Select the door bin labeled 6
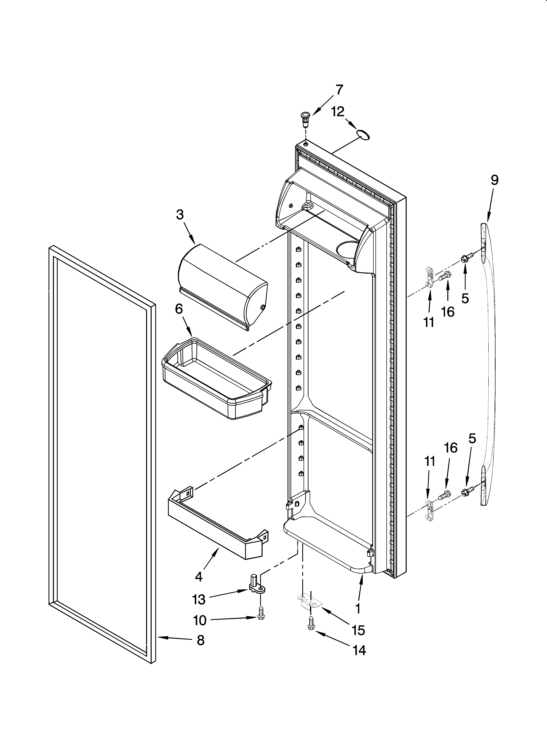point(216,378)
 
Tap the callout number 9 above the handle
point(494,180)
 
